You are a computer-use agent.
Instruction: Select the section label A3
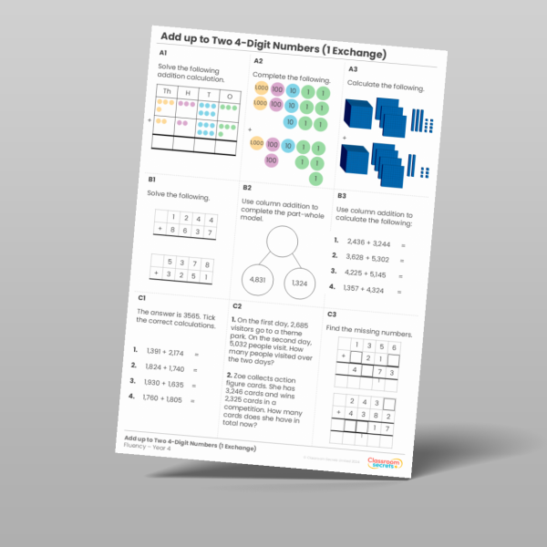(353, 69)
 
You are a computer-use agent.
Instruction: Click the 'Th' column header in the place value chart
(166, 92)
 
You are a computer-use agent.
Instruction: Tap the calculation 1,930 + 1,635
(162, 383)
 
